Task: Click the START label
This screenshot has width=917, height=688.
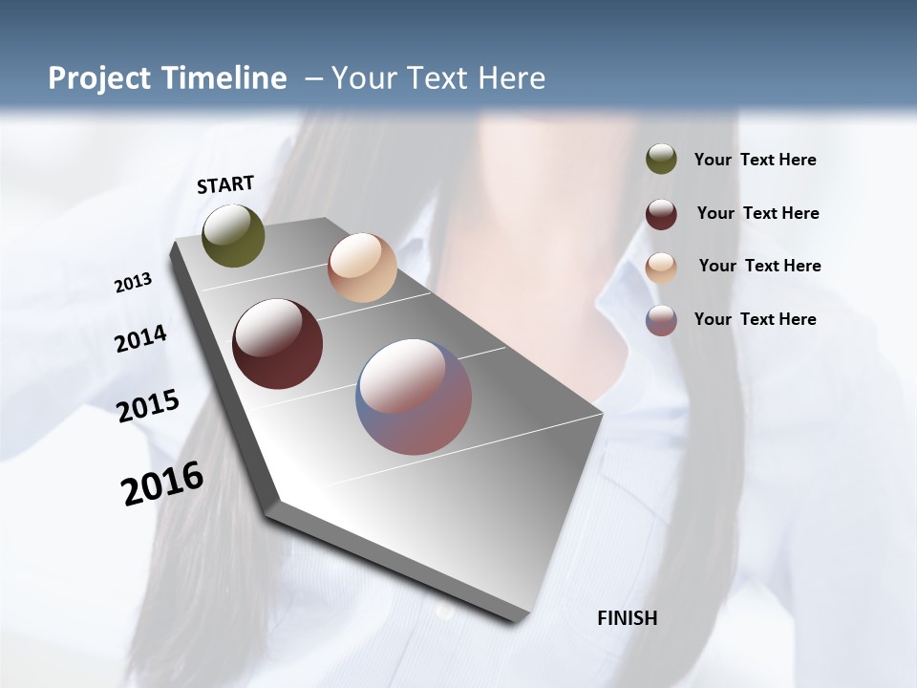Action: tap(225, 184)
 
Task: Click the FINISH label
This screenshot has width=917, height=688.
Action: tap(627, 618)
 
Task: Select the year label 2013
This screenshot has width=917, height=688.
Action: tap(134, 283)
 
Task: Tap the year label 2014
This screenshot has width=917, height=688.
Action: tap(140, 338)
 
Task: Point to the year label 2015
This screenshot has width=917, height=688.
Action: tap(148, 405)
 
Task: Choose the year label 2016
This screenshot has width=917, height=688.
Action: tap(162, 484)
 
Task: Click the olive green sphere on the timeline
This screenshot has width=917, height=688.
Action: tap(234, 235)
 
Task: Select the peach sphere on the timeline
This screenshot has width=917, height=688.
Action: tap(362, 268)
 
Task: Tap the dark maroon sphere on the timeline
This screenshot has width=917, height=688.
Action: tap(278, 344)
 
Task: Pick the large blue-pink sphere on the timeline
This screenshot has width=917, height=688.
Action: tap(414, 397)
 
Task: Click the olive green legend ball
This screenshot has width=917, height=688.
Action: tap(661, 160)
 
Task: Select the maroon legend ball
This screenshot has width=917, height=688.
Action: tap(661, 214)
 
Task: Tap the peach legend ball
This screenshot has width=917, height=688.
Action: tap(661, 268)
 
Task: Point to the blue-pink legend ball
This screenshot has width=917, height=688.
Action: tap(661, 320)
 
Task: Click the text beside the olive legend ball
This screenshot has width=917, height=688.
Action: tap(755, 161)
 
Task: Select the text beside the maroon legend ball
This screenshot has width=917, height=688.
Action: tap(757, 213)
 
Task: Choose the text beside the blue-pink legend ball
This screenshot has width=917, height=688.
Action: tap(755, 319)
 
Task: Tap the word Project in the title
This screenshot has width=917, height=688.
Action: tap(98, 78)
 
